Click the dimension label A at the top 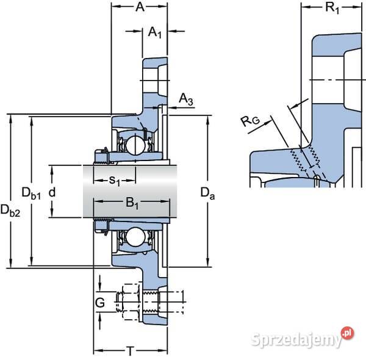tap(140, 7)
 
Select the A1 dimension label tap(154, 34)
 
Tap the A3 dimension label tap(186, 100)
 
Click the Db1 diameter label tap(30, 194)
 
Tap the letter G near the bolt tap(100, 302)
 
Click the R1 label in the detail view tap(317, 8)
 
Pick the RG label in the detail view tap(250, 121)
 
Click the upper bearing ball tap(134, 145)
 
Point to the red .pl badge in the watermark tap(348, 333)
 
